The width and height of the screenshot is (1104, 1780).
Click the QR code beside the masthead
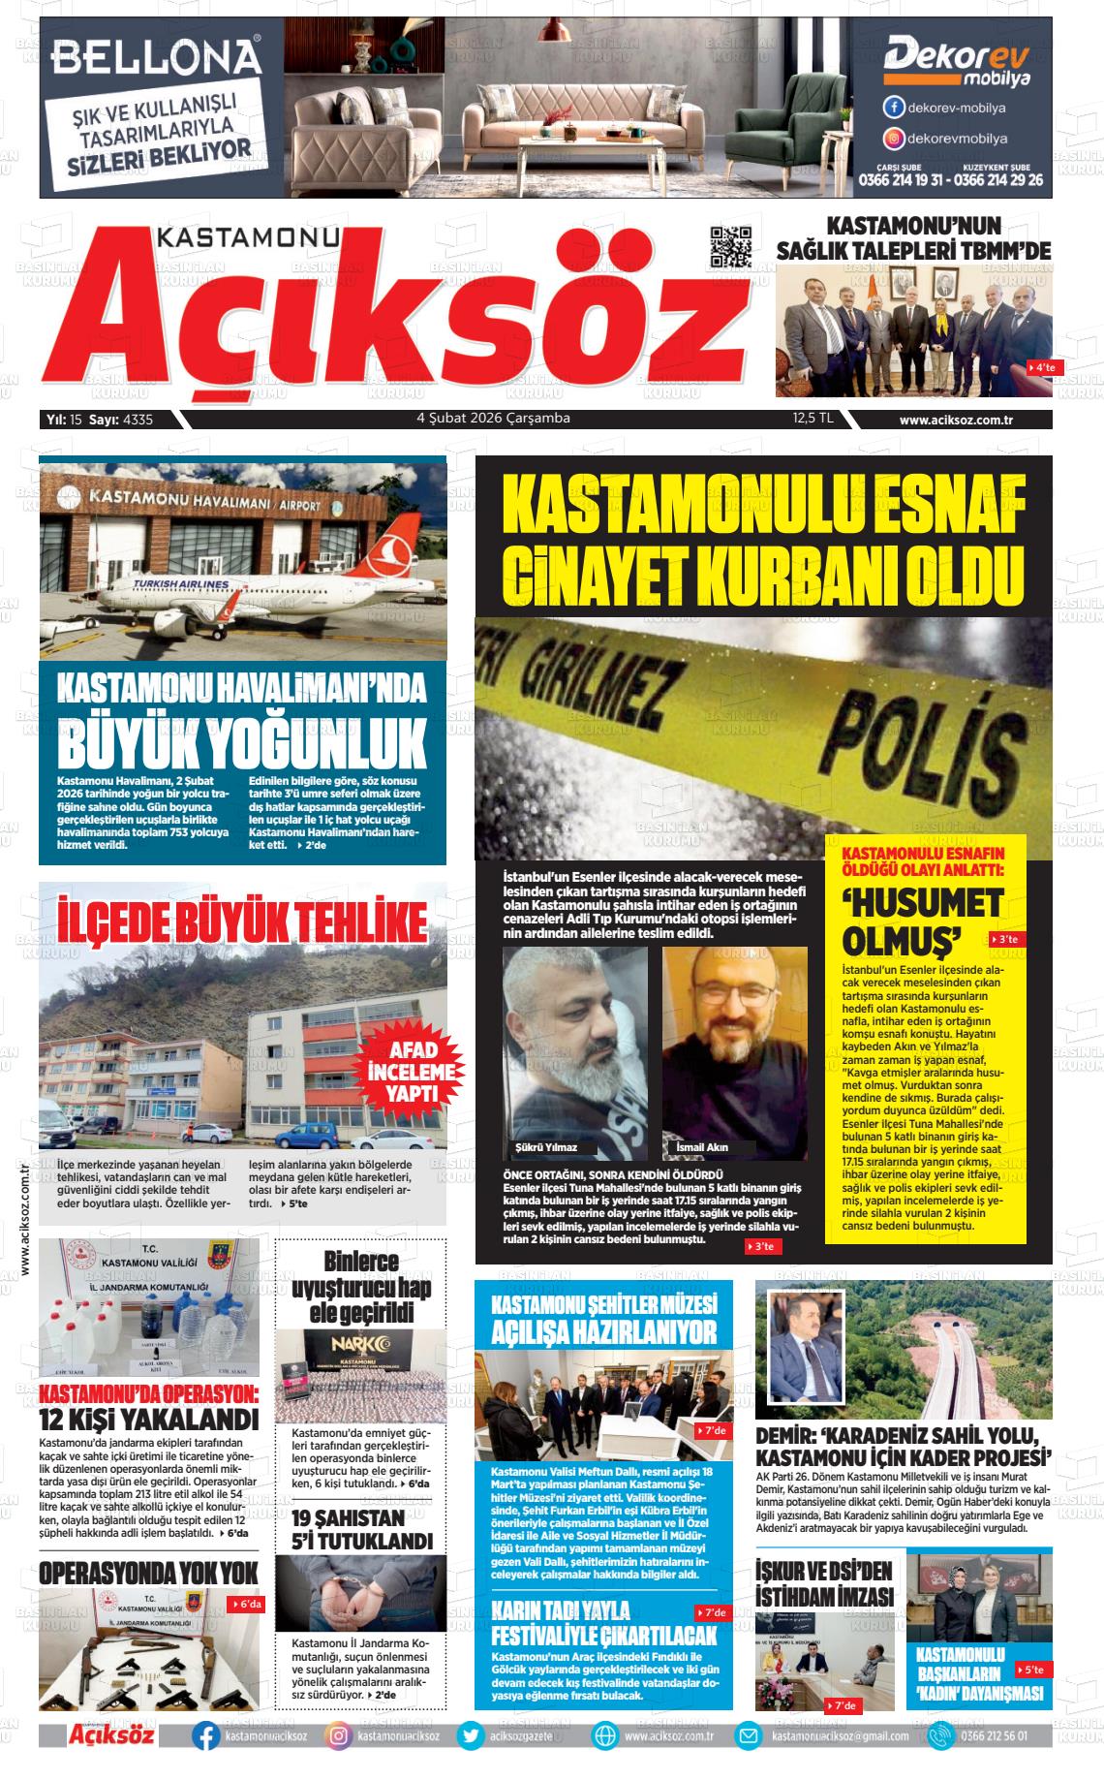click(731, 248)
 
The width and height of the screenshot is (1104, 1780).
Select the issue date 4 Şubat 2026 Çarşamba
click(493, 419)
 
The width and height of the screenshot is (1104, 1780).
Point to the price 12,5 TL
click(813, 419)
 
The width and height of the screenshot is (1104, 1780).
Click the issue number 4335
click(138, 420)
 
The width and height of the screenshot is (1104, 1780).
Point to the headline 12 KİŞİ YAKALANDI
click(149, 1421)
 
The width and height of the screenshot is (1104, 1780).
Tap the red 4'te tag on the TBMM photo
click(1046, 368)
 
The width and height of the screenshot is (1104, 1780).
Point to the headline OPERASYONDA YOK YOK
click(148, 1573)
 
